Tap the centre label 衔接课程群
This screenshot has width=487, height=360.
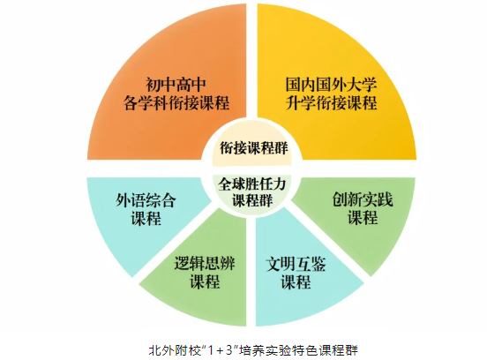point(253,148)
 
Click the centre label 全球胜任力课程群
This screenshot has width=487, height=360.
point(252,192)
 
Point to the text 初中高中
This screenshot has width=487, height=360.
point(176,85)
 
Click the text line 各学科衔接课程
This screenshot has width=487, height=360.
point(176,103)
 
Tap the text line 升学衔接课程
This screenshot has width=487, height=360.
point(331,103)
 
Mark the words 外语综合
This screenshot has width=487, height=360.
point(146,199)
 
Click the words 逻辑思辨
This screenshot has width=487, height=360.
point(205,264)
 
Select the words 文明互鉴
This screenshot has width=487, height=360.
point(296,265)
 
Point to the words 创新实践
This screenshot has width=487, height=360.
point(363,199)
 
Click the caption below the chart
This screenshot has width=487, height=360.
point(253,350)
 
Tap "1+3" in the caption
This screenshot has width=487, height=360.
point(221,350)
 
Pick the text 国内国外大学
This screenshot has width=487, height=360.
point(331,85)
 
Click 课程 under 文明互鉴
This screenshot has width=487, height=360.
point(296,282)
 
